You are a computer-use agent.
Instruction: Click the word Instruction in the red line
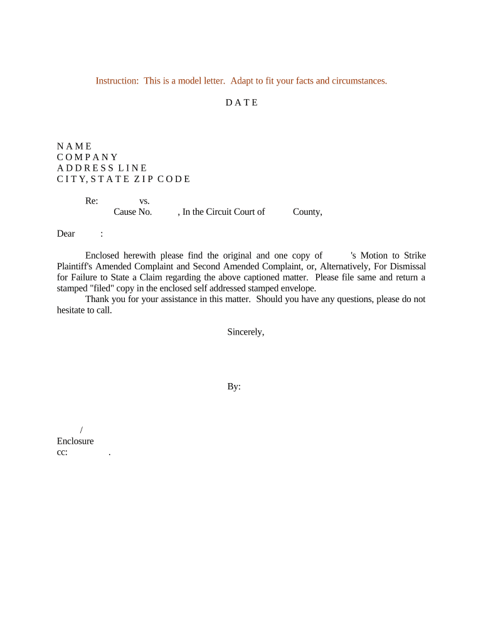click(116, 81)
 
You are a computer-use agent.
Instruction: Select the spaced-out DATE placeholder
click(242, 102)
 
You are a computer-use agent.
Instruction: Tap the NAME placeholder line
click(74, 146)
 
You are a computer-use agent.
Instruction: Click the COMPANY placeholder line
click(87, 157)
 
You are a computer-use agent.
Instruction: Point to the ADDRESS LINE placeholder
click(102, 168)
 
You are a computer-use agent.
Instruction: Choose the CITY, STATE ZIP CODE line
click(123, 179)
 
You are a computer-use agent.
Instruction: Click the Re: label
click(92, 201)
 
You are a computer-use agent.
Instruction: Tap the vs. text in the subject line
click(144, 201)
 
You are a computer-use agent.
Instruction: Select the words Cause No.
click(132, 212)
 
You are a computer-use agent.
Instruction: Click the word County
click(307, 212)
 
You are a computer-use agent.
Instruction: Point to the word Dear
click(66, 234)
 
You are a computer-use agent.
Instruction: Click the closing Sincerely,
click(245, 332)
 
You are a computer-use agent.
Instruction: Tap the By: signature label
click(234, 387)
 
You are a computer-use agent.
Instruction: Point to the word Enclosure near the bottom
click(75, 441)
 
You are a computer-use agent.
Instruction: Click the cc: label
click(62, 452)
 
